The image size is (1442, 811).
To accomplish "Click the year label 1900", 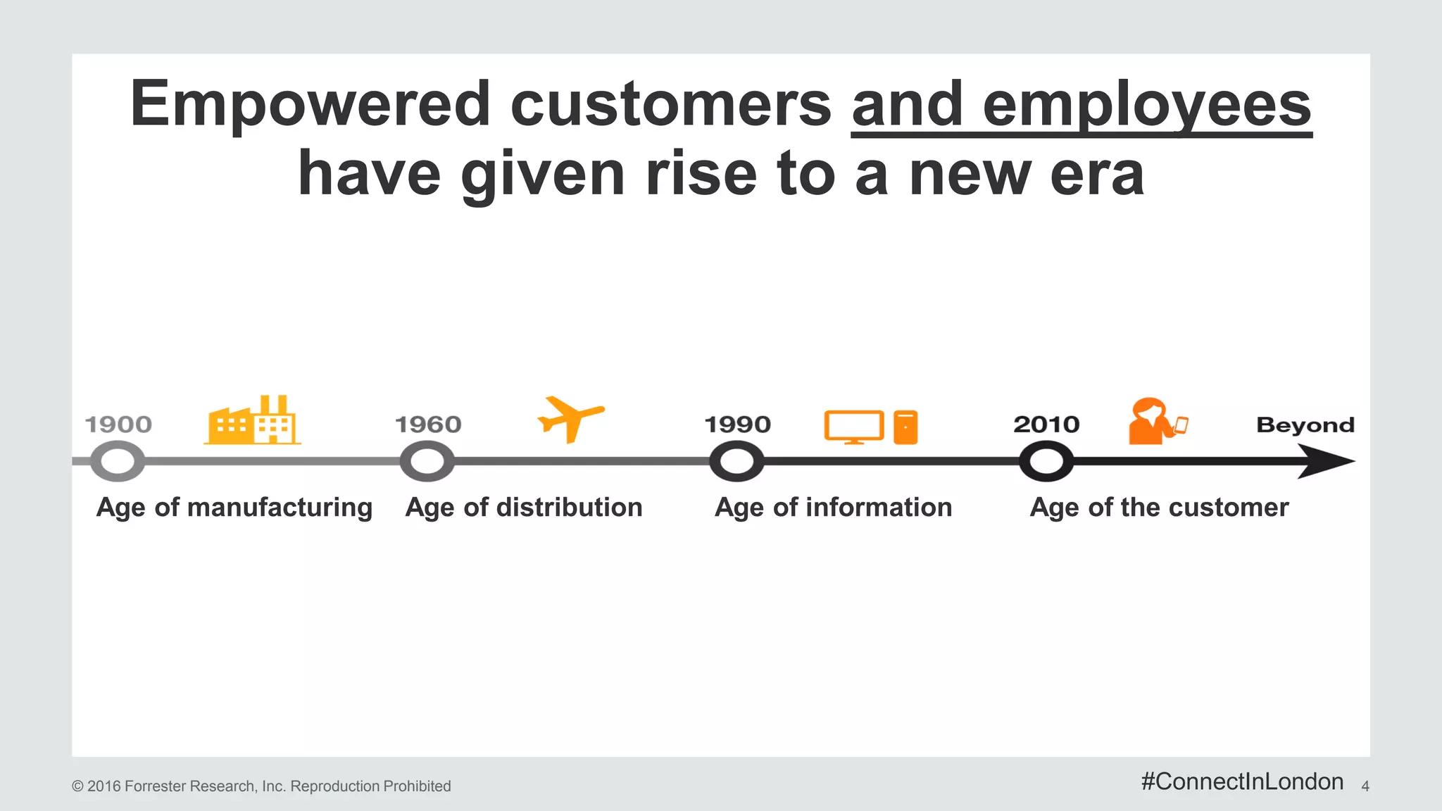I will tap(118, 425).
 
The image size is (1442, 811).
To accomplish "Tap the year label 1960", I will tap(428, 425).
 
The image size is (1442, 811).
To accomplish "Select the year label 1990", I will tap(738, 425).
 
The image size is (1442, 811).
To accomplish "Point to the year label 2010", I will tap(1046, 425).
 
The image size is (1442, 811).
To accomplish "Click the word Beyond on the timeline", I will tap(1305, 425).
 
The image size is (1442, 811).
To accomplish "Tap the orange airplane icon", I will tap(570, 419).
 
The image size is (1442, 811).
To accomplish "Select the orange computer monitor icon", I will tap(853, 427).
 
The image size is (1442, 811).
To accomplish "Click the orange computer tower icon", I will tap(905, 427).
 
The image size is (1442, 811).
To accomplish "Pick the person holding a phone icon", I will tap(1155, 422).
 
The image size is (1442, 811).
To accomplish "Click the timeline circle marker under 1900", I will tap(118, 462).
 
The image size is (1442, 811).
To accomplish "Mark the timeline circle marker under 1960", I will tap(427, 462).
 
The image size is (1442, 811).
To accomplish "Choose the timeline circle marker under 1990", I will tap(736, 462).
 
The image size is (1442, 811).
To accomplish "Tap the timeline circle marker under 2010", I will tap(1046, 462).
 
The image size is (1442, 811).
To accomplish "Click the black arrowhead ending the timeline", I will tap(1327, 462).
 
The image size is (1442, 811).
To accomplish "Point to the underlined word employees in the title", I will tap(1146, 104).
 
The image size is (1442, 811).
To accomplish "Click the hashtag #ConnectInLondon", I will tap(1242, 781).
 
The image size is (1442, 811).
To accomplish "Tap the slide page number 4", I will tap(1365, 786).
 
